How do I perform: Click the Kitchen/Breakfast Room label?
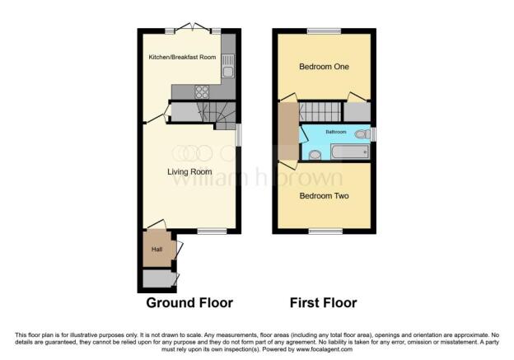[182, 57]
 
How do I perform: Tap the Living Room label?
[189, 172]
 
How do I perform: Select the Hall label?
[157, 249]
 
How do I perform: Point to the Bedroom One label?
[324, 67]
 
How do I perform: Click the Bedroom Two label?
[324, 196]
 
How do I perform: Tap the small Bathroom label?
[336, 132]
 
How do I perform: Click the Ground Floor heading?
[189, 302]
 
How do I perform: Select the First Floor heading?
[323, 302]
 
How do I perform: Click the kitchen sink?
[228, 66]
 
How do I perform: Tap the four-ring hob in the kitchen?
[202, 91]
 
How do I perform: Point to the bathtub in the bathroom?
[350, 152]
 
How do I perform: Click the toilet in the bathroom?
[362, 133]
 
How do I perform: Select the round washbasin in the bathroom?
[315, 155]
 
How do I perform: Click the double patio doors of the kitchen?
[193, 27]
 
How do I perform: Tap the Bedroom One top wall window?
[325, 31]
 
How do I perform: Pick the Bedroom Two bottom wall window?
[326, 231]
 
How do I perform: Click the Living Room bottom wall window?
[212, 231]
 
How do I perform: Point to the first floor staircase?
[320, 112]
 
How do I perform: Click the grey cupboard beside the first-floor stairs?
[357, 112]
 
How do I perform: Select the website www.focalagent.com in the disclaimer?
[325, 349]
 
